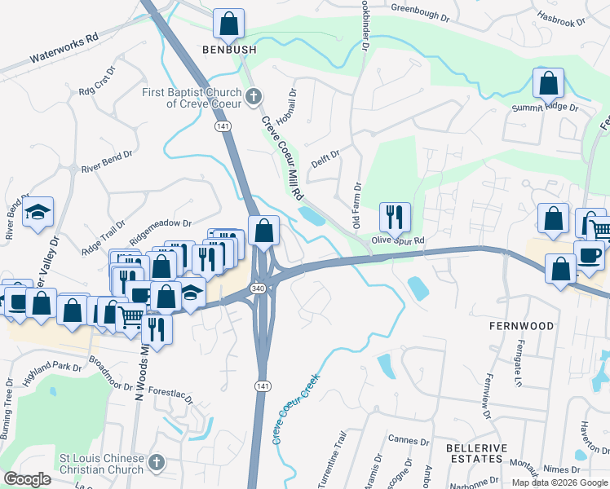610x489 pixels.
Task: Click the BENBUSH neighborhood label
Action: [x=229, y=51]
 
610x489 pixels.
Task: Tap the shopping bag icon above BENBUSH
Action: [x=229, y=24]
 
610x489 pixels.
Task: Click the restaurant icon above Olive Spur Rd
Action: [x=395, y=218]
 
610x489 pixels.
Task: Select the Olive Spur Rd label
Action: [x=399, y=240]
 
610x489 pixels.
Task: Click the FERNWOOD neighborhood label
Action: [x=522, y=326]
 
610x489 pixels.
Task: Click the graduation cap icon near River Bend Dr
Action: [x=38, y=213]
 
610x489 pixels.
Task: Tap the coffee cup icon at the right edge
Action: [x=589, y=254]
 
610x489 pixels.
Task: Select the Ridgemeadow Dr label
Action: [x=160, y=222]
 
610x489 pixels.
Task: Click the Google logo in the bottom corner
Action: [x=27, y=479]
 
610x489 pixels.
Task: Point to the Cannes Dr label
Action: [x=409, y=441]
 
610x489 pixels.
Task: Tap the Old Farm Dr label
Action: [x=356, y=207]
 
